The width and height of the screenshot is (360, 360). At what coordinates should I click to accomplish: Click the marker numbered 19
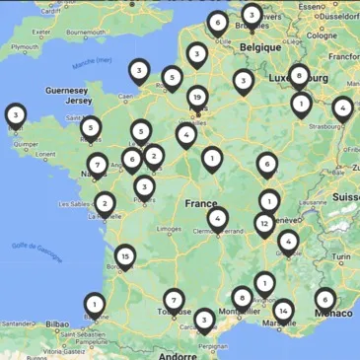pyautogui.click(x=198, y=98)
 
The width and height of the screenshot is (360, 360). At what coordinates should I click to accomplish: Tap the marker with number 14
pyautogui.click(x=283, y=312)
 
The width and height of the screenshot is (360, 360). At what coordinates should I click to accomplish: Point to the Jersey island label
pyautogui.click(x=78, y=101)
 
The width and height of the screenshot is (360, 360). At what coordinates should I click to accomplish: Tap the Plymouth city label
pyautogui.click(x=24, y=46)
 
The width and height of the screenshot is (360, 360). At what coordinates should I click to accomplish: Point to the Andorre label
pyautogui.click(x=179, y=355)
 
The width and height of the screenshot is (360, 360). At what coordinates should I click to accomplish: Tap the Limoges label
pyautogui.click(x=169, y=229)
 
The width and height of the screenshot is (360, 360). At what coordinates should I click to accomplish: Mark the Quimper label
pyautogui.click(x=27, y=143)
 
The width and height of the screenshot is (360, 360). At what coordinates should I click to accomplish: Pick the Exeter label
pyautogui.click(x=41, y=31)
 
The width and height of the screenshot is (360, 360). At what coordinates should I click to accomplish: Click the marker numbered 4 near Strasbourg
pyautogui.click(x=342, y=108)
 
